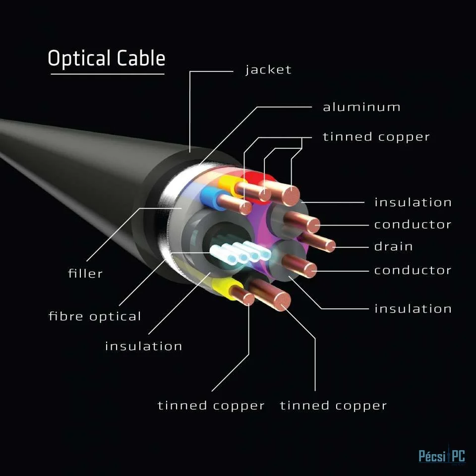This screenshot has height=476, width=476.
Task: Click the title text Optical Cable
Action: coord(107,58)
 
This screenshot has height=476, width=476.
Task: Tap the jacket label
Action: coord(268,70)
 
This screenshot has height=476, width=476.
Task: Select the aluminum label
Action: coord(361,107)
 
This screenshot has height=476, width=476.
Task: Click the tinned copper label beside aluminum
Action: coord(376,137)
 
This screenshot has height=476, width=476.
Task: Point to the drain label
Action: coord(393,246)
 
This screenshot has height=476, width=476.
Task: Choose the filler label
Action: coord(85,273)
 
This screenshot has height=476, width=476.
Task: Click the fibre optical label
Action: coord(95,316)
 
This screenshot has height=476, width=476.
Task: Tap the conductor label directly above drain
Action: coord(413,225)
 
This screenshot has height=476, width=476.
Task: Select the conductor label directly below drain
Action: coord(413,270)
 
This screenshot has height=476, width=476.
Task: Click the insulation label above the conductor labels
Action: coord(413,202)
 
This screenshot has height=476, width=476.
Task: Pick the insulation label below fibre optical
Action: coord(144,346)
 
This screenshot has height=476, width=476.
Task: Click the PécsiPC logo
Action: coord(442,456)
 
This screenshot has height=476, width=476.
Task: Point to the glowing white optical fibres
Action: coord(240,252)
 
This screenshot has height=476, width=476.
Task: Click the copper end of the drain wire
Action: coord(330,246)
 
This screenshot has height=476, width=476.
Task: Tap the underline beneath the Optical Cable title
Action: coord(108,74)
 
